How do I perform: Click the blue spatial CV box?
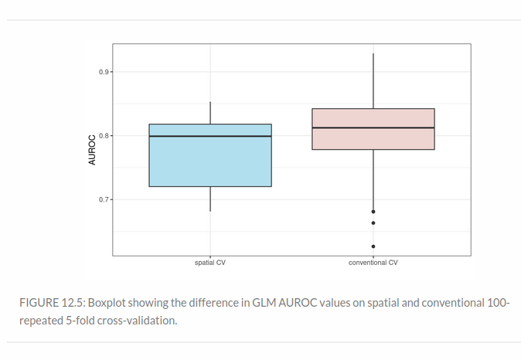coord(210,162)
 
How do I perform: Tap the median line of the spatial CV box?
coord(210,136)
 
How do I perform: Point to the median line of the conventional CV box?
coord(373,127)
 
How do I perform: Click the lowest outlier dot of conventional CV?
coord(373,246)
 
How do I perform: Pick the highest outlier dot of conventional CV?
coord(373,211)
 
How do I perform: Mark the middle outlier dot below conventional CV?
coord(373,223)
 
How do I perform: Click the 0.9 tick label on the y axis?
coord(104,72)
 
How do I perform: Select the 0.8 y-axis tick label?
coord(104,136)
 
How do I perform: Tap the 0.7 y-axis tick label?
coord(104,199)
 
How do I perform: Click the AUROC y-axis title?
coord(91,150)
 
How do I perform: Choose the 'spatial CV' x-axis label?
coord(210,263)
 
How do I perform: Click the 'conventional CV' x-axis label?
coord(373,263)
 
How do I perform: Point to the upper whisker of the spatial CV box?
coord(210,113)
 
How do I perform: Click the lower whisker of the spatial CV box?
coord(210,199)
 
